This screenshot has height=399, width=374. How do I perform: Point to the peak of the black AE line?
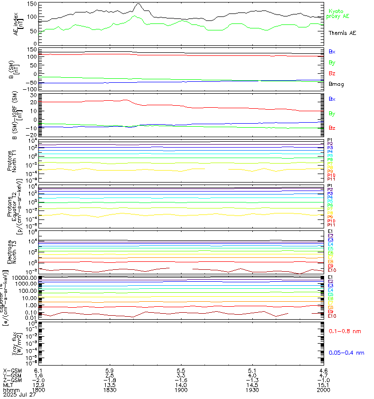click(138, 4)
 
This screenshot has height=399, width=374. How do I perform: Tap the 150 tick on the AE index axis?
click(31, 4)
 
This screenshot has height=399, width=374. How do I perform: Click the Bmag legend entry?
click(336, 84)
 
